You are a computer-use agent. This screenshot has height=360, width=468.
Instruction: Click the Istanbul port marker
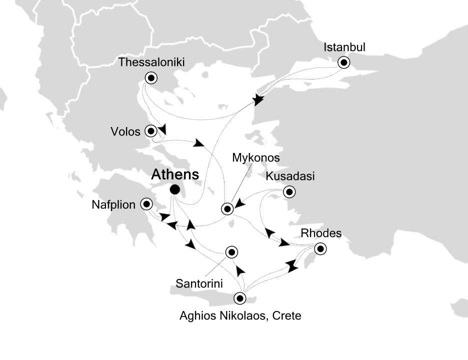[x=344, y=62]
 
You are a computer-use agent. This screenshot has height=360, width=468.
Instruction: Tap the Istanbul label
[x=345, y=47]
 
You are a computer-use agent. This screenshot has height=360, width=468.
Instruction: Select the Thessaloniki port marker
[x=151, y=77]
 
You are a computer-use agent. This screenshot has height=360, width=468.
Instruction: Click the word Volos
[x=125, y=131]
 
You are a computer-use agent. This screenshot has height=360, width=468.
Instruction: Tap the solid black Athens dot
[x=174, y=189]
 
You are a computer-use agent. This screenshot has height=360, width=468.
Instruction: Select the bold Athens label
[x=175, y=174]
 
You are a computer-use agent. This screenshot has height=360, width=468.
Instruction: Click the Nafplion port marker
[x=146, y=203]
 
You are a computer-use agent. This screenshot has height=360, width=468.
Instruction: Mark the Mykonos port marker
[x=227, y=208]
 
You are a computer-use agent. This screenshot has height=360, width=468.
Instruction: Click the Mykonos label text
[x=255, y=158]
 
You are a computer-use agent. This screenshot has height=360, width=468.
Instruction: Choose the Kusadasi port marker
[x=289, y=191]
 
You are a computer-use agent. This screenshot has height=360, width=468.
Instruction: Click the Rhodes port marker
[x=320, y=248]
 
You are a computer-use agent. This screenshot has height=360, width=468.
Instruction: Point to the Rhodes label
[x=321, y=233]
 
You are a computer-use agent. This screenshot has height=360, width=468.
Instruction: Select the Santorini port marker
[x=231, y=252]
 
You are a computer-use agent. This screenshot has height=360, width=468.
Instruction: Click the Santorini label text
[x=199, y=283]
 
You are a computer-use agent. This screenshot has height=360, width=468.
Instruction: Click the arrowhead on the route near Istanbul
[x=258, y=100]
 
